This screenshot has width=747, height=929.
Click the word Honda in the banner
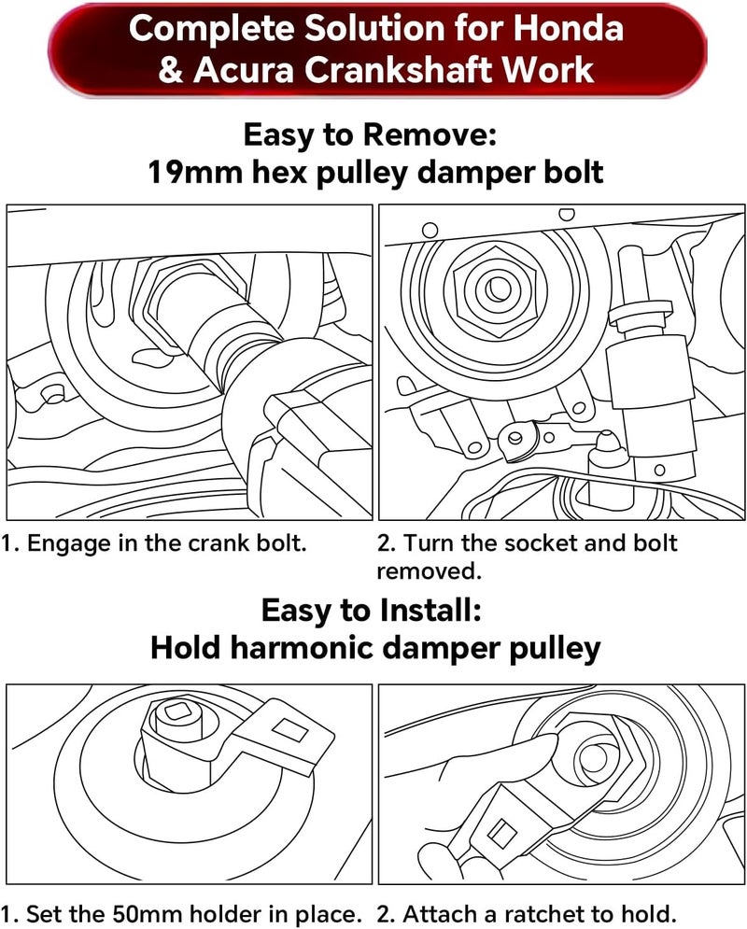[x=568, y=28]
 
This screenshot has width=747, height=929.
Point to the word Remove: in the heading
[x=430, y=134]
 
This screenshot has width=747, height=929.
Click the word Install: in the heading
[x=430, y=610]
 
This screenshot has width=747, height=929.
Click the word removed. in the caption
[x=429, y=571]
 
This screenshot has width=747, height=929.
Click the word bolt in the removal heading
[x=572, y=173]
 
